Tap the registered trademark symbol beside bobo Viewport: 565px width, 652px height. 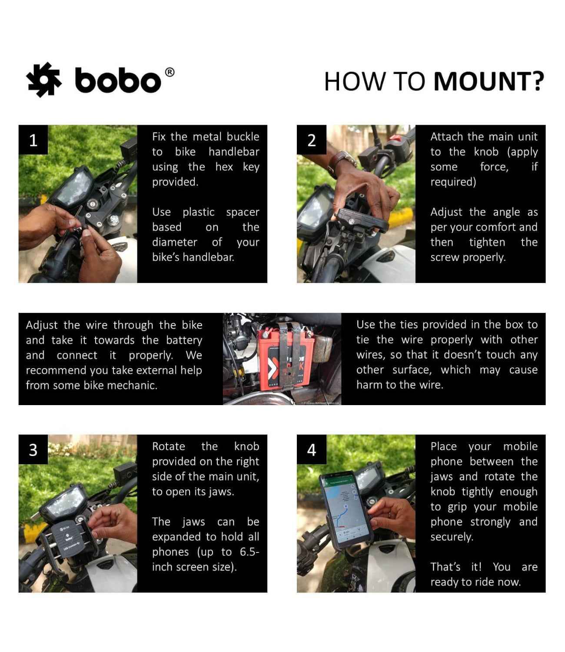click(170, 72)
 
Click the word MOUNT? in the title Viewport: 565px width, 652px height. click(489, 81)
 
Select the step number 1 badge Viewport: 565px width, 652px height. click(33, 140)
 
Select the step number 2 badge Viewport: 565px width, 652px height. click(311, 140)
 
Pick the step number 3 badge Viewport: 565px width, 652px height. click(33, 449)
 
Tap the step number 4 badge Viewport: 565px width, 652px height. click(311, 449)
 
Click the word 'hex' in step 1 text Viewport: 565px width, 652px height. click(224, 167)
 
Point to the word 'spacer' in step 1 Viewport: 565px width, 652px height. click(242, 212)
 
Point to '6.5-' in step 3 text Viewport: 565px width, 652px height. click(249, 552)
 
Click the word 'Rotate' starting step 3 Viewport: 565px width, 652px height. click(168, 446)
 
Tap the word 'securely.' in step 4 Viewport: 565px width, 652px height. click(452, 537)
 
